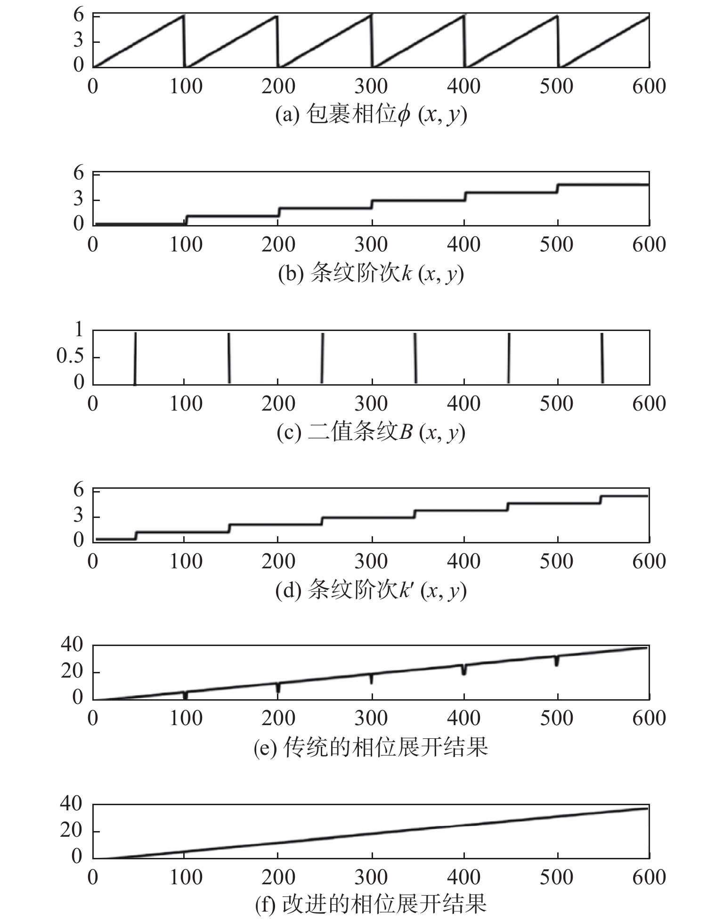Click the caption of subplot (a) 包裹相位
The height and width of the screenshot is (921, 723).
371,115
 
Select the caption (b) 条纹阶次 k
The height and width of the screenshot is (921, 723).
371,274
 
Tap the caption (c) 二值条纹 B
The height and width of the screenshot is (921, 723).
371,432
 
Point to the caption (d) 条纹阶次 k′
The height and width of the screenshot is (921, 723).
371,590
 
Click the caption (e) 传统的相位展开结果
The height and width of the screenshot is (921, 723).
371,747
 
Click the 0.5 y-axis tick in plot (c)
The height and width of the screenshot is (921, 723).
70,356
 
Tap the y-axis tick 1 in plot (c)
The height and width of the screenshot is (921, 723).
79,331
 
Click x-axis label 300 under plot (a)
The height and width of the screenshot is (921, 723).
371,86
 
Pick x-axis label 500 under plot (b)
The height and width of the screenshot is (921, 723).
557,244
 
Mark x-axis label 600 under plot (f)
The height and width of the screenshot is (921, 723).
649,877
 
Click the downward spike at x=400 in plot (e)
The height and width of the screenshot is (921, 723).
464,669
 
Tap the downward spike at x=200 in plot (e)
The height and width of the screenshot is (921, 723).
278,687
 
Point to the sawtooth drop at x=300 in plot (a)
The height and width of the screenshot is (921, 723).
372,40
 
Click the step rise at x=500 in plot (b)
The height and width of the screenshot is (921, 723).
557,188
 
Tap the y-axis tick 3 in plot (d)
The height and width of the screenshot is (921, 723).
79,517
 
